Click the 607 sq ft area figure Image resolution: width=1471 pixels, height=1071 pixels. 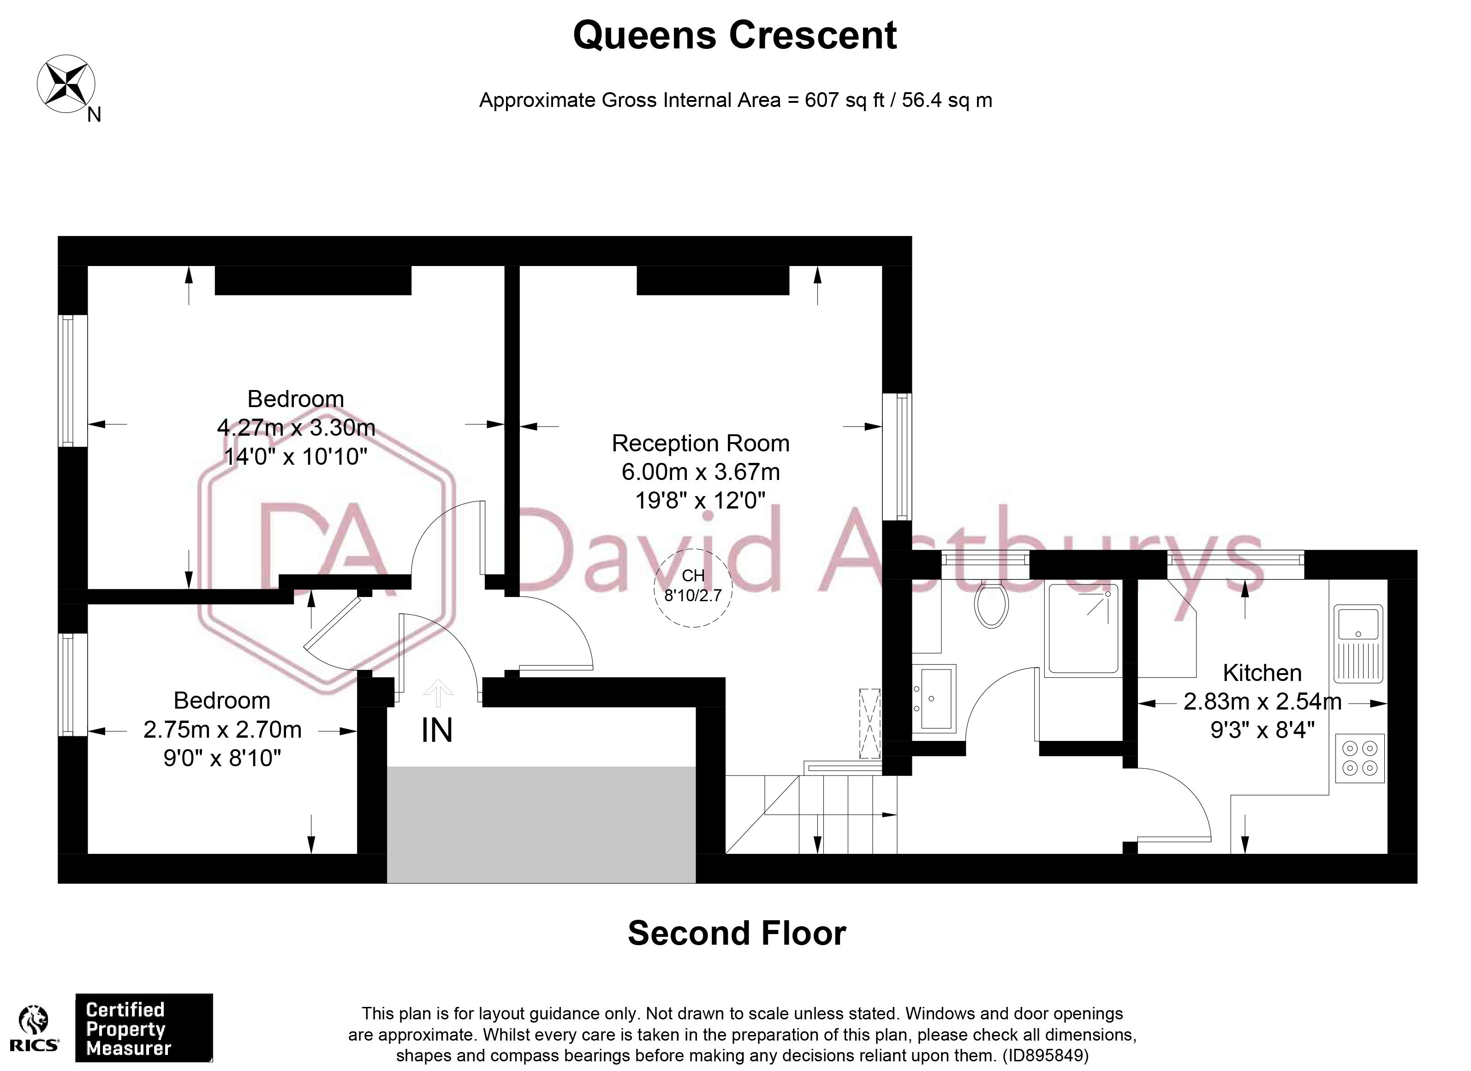(x=845, y=101)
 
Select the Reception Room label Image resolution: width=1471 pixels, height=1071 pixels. (x=701, y=444)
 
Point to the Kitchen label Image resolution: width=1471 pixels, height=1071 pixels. (x=1262, y=673)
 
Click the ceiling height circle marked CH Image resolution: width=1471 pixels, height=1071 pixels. (x=693, y=587)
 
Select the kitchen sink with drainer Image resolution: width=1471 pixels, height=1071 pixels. (x=1358, y=643)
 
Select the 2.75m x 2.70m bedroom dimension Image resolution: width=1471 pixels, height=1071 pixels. (x=222, y=730)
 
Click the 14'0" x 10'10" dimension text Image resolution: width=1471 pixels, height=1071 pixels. (x=296, y=457)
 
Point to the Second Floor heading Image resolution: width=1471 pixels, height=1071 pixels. (x=737, y=934)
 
